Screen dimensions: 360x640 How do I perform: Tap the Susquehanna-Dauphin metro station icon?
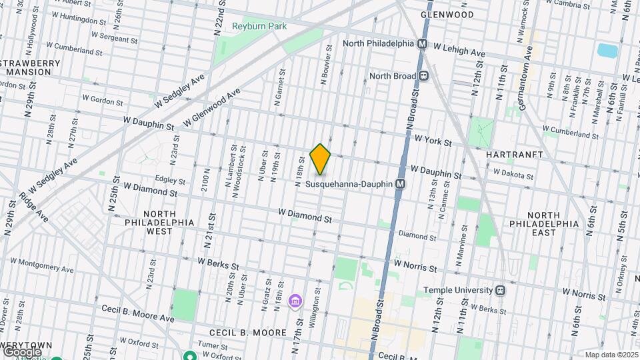[400, 183]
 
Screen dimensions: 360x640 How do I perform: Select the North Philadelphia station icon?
[422, 43]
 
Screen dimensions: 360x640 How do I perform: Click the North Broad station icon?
[423, 76]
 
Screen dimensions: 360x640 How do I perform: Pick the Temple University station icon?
[500, 291]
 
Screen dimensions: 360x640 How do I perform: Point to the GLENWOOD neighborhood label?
[447, 14]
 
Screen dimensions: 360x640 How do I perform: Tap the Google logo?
[22, 351]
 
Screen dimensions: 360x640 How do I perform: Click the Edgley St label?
[169, 180]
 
